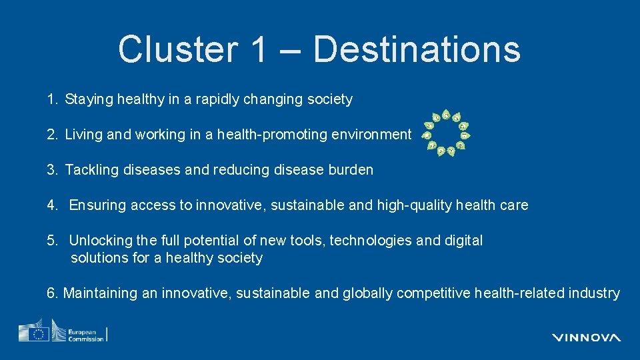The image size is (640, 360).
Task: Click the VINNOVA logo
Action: tap(586, 337)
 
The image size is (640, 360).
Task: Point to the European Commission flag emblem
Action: tap(34, 333)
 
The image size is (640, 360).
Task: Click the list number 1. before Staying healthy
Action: tap(53, 100)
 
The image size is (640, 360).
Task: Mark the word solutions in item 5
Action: tap(100, 258)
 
